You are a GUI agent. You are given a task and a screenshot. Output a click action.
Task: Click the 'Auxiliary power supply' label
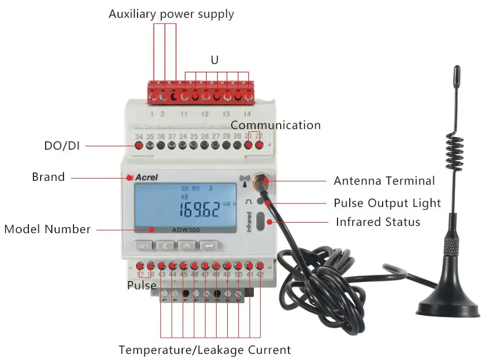click(171, 14)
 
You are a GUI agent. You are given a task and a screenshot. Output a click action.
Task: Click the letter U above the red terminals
click(214, 60)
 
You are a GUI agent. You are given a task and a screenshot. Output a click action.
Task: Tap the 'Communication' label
click(276, 125)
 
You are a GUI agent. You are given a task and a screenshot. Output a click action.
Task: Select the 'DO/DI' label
click(62, 146)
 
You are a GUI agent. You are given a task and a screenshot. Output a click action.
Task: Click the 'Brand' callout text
click(48, 177)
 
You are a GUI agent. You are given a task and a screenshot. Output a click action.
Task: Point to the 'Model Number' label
click(47, 229)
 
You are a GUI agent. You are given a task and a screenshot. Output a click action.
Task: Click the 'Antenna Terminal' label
click(384, 181)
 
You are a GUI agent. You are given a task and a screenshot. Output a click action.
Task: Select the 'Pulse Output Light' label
click(387, 203)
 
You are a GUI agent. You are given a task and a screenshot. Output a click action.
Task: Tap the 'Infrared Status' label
click(378, 222)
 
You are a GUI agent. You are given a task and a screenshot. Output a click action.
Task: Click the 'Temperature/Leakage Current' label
click(204, 350)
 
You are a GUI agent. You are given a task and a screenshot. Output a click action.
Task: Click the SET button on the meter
click(144, 245)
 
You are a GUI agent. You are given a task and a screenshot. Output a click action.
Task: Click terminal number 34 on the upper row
click(139, 136)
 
